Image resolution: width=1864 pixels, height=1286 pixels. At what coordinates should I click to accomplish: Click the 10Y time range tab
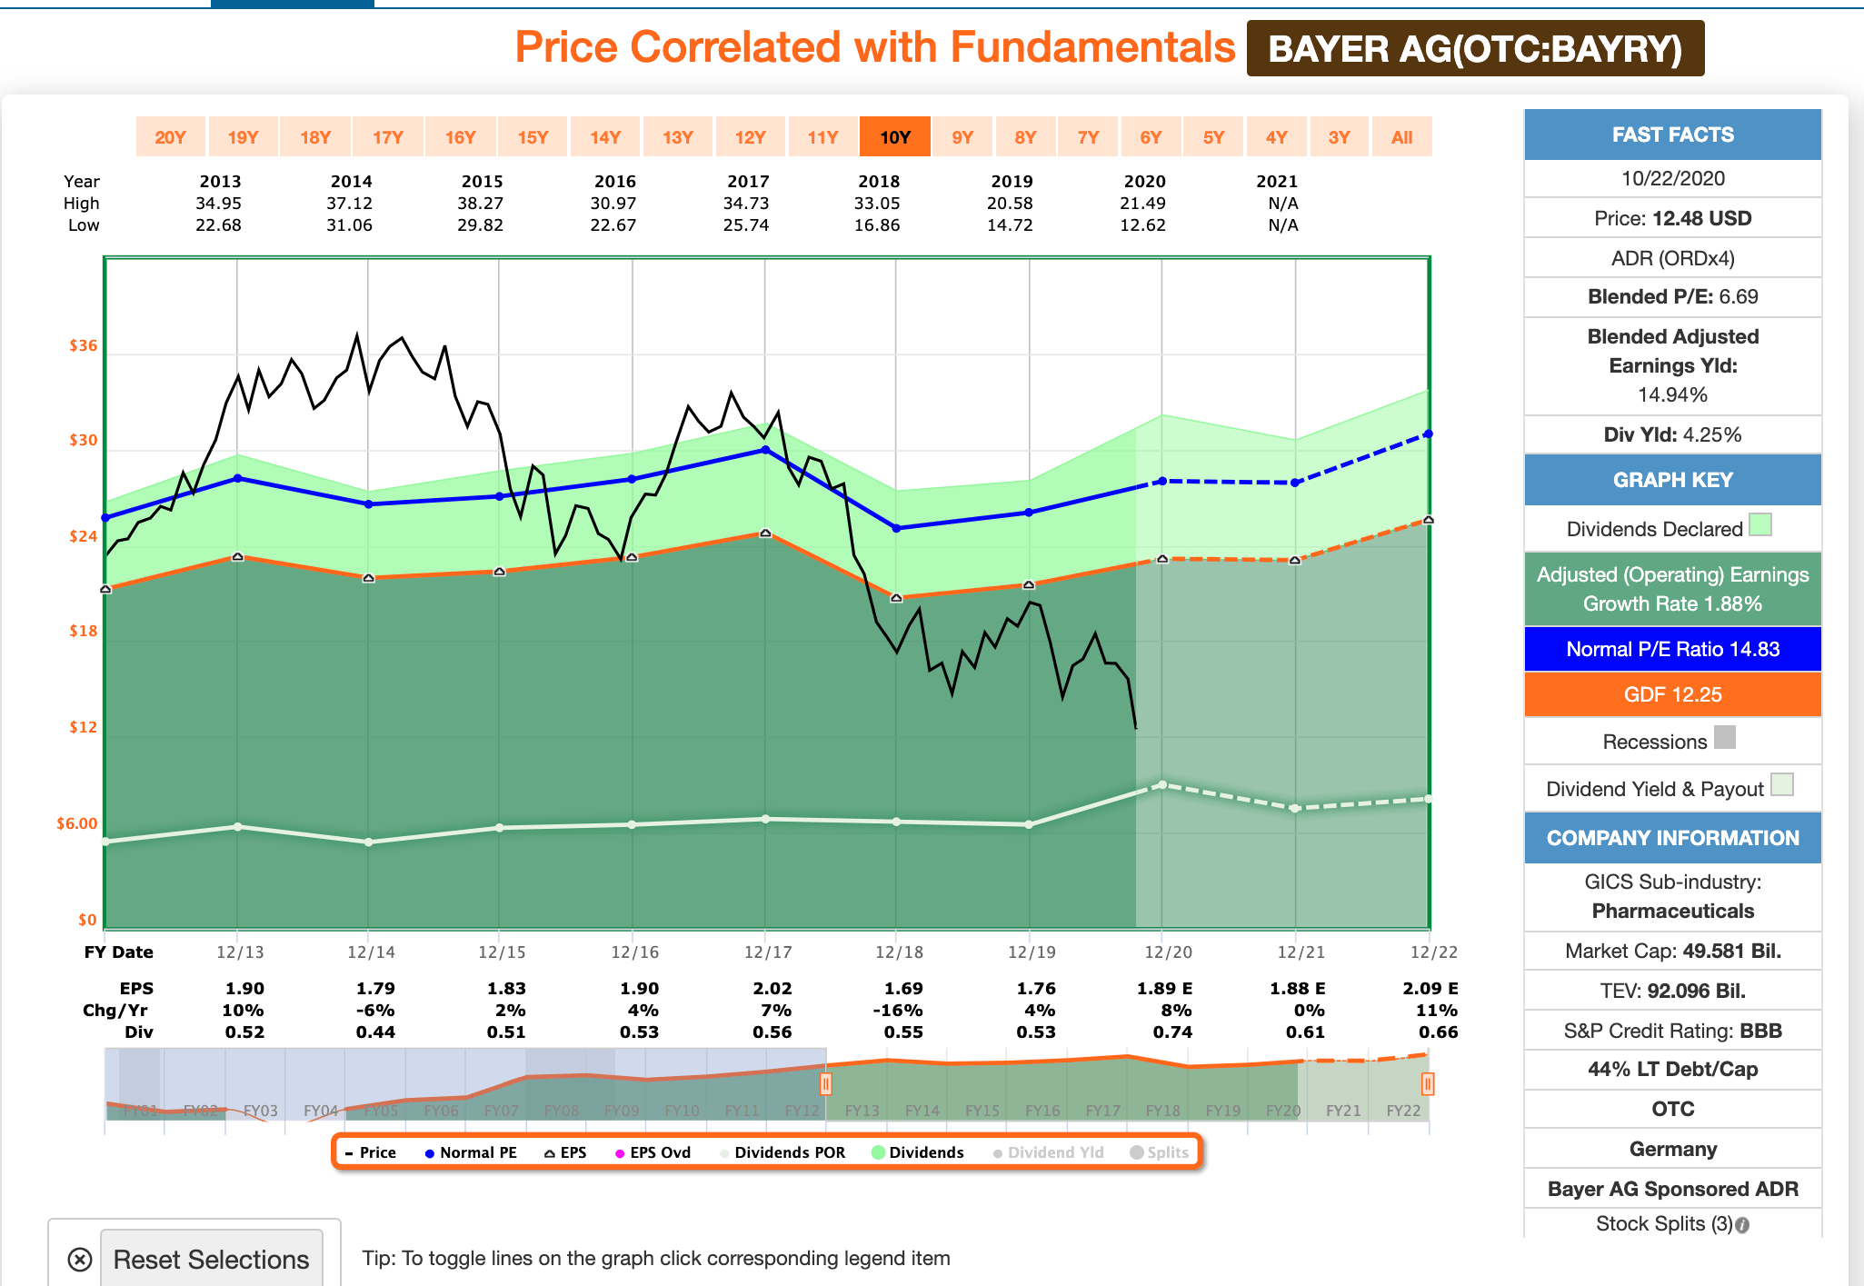coord(894,137)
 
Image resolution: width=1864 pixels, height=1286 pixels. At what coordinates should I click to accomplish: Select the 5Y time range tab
coord(1213,137)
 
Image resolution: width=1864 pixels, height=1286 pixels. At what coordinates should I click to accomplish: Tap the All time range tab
coord(1401,137)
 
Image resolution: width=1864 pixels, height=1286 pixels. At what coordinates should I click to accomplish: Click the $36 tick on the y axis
coord(83,345)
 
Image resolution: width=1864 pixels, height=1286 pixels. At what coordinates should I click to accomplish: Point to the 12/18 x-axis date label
coord(899,952)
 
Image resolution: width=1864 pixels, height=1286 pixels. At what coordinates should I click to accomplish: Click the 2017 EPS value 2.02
coord(772,988)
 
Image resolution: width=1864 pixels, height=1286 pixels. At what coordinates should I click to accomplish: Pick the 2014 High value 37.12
coord(350,204)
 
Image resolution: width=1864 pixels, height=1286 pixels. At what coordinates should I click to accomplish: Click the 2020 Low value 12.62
coord(1142,225)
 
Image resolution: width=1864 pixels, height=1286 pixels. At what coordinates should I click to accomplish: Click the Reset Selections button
coord(211,1259)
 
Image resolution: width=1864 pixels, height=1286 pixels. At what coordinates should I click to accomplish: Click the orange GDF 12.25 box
coord(1672,694)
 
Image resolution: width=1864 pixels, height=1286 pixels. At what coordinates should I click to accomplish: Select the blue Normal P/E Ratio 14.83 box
coord(1672,649)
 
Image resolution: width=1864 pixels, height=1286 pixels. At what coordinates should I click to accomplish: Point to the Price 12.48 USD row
coord(1672,218)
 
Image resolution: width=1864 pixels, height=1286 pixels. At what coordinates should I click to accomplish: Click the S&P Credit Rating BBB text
coord(1672,1031)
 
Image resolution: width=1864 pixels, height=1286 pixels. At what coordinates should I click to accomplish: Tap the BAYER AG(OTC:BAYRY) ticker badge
coord(1474,49)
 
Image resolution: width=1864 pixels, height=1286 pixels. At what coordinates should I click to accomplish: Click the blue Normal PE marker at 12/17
coord(765,449)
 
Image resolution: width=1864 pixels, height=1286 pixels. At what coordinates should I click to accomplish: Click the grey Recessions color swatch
coord(1724,737)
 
